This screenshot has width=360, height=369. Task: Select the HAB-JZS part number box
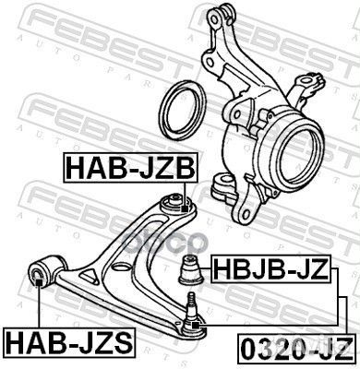pos(67,346)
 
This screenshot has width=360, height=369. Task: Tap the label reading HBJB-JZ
pos(270,270)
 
